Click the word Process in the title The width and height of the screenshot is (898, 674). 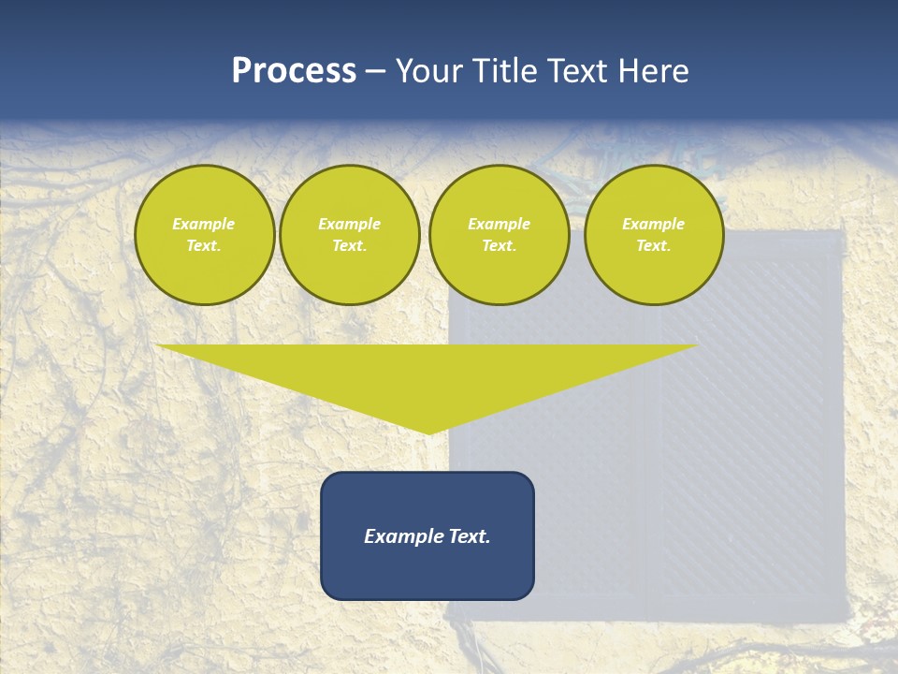(x=294, y=71)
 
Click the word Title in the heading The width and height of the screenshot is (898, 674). (x=503, y=71)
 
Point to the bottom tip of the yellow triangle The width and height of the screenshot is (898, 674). (x=427, y=432)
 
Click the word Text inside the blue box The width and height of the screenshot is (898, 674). (x=469, y=536)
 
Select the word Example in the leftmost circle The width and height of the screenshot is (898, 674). (x=204, y=224)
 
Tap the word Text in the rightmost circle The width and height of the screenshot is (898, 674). (x=653, y=245)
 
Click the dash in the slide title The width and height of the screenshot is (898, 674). (x=375, y=71)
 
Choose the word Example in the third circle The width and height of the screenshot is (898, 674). (x=499, y=224)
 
